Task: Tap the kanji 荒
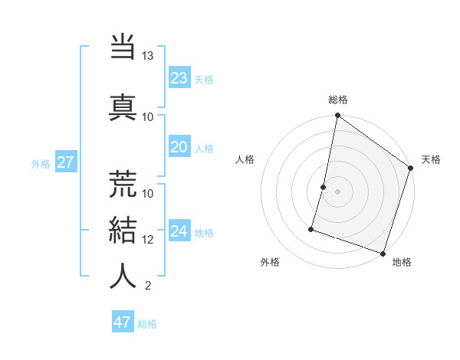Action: [123, 184]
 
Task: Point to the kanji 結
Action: [123, 231]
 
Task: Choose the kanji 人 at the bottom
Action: [123, 276]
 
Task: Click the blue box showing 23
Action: [179, 78]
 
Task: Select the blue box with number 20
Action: [179, 148]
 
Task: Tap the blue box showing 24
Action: [179, 231]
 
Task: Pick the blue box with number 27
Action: [65, 162]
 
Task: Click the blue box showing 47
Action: [123, 322]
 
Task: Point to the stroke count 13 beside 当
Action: [147, 56]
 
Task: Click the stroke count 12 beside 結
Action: [148, 239]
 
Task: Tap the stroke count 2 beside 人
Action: [147, 286]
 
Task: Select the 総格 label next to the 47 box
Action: [147, 324]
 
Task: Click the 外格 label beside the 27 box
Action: [41, 163]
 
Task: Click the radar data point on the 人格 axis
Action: [324, 187]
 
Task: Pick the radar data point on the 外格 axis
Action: [312, 229]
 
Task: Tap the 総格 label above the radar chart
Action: [338, 100]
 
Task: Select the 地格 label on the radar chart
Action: [402, 262]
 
